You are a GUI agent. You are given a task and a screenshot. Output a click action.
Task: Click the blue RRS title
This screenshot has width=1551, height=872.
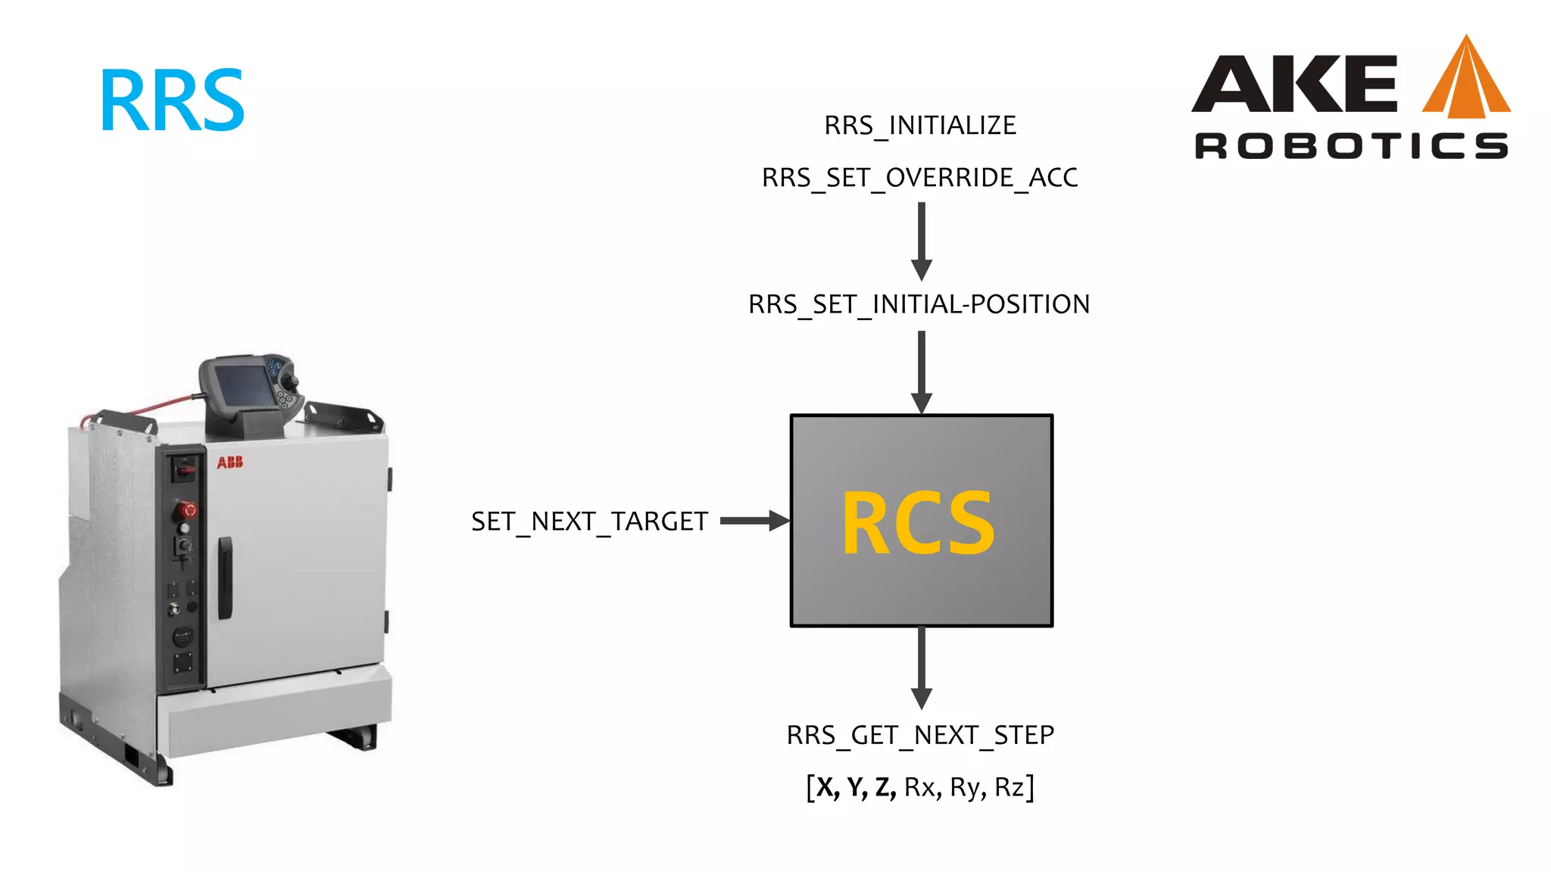[x=172, y=100]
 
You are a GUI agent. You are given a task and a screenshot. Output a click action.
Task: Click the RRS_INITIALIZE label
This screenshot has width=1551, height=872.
[x=919, y=125]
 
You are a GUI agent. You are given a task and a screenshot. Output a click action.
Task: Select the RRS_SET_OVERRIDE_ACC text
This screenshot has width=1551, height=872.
[x=919, y=178]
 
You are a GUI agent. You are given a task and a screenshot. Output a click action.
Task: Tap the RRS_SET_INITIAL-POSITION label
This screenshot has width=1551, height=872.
[x=919, y=304]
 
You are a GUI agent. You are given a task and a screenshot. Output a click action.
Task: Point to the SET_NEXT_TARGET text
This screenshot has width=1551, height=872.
[x=589, y=522]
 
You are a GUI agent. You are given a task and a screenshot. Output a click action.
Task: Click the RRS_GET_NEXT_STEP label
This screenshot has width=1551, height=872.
[x=919, y=735]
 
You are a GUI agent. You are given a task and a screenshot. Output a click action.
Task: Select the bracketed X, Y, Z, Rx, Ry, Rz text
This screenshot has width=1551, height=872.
[x=919, y=787]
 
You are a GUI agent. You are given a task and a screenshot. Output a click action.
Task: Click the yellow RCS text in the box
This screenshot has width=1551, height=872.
[x=918, y=522]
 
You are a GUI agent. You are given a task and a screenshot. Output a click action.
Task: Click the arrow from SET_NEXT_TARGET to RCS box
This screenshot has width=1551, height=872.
[x=754, y=521]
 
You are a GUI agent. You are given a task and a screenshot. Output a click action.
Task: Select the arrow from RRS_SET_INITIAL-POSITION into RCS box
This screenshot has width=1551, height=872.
[x=921, y=371]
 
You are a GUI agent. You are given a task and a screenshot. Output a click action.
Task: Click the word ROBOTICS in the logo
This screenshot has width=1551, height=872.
[x=1351, y=145]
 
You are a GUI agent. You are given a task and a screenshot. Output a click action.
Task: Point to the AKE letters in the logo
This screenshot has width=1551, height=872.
[x=1295, y=83]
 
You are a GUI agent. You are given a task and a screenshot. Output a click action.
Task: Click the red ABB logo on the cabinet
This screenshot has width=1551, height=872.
[x=229, y=462]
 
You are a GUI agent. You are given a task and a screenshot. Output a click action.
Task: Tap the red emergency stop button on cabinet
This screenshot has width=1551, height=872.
[x=187, y=509]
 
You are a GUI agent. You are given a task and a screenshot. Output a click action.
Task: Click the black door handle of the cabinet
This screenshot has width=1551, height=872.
[x=225, y=577]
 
